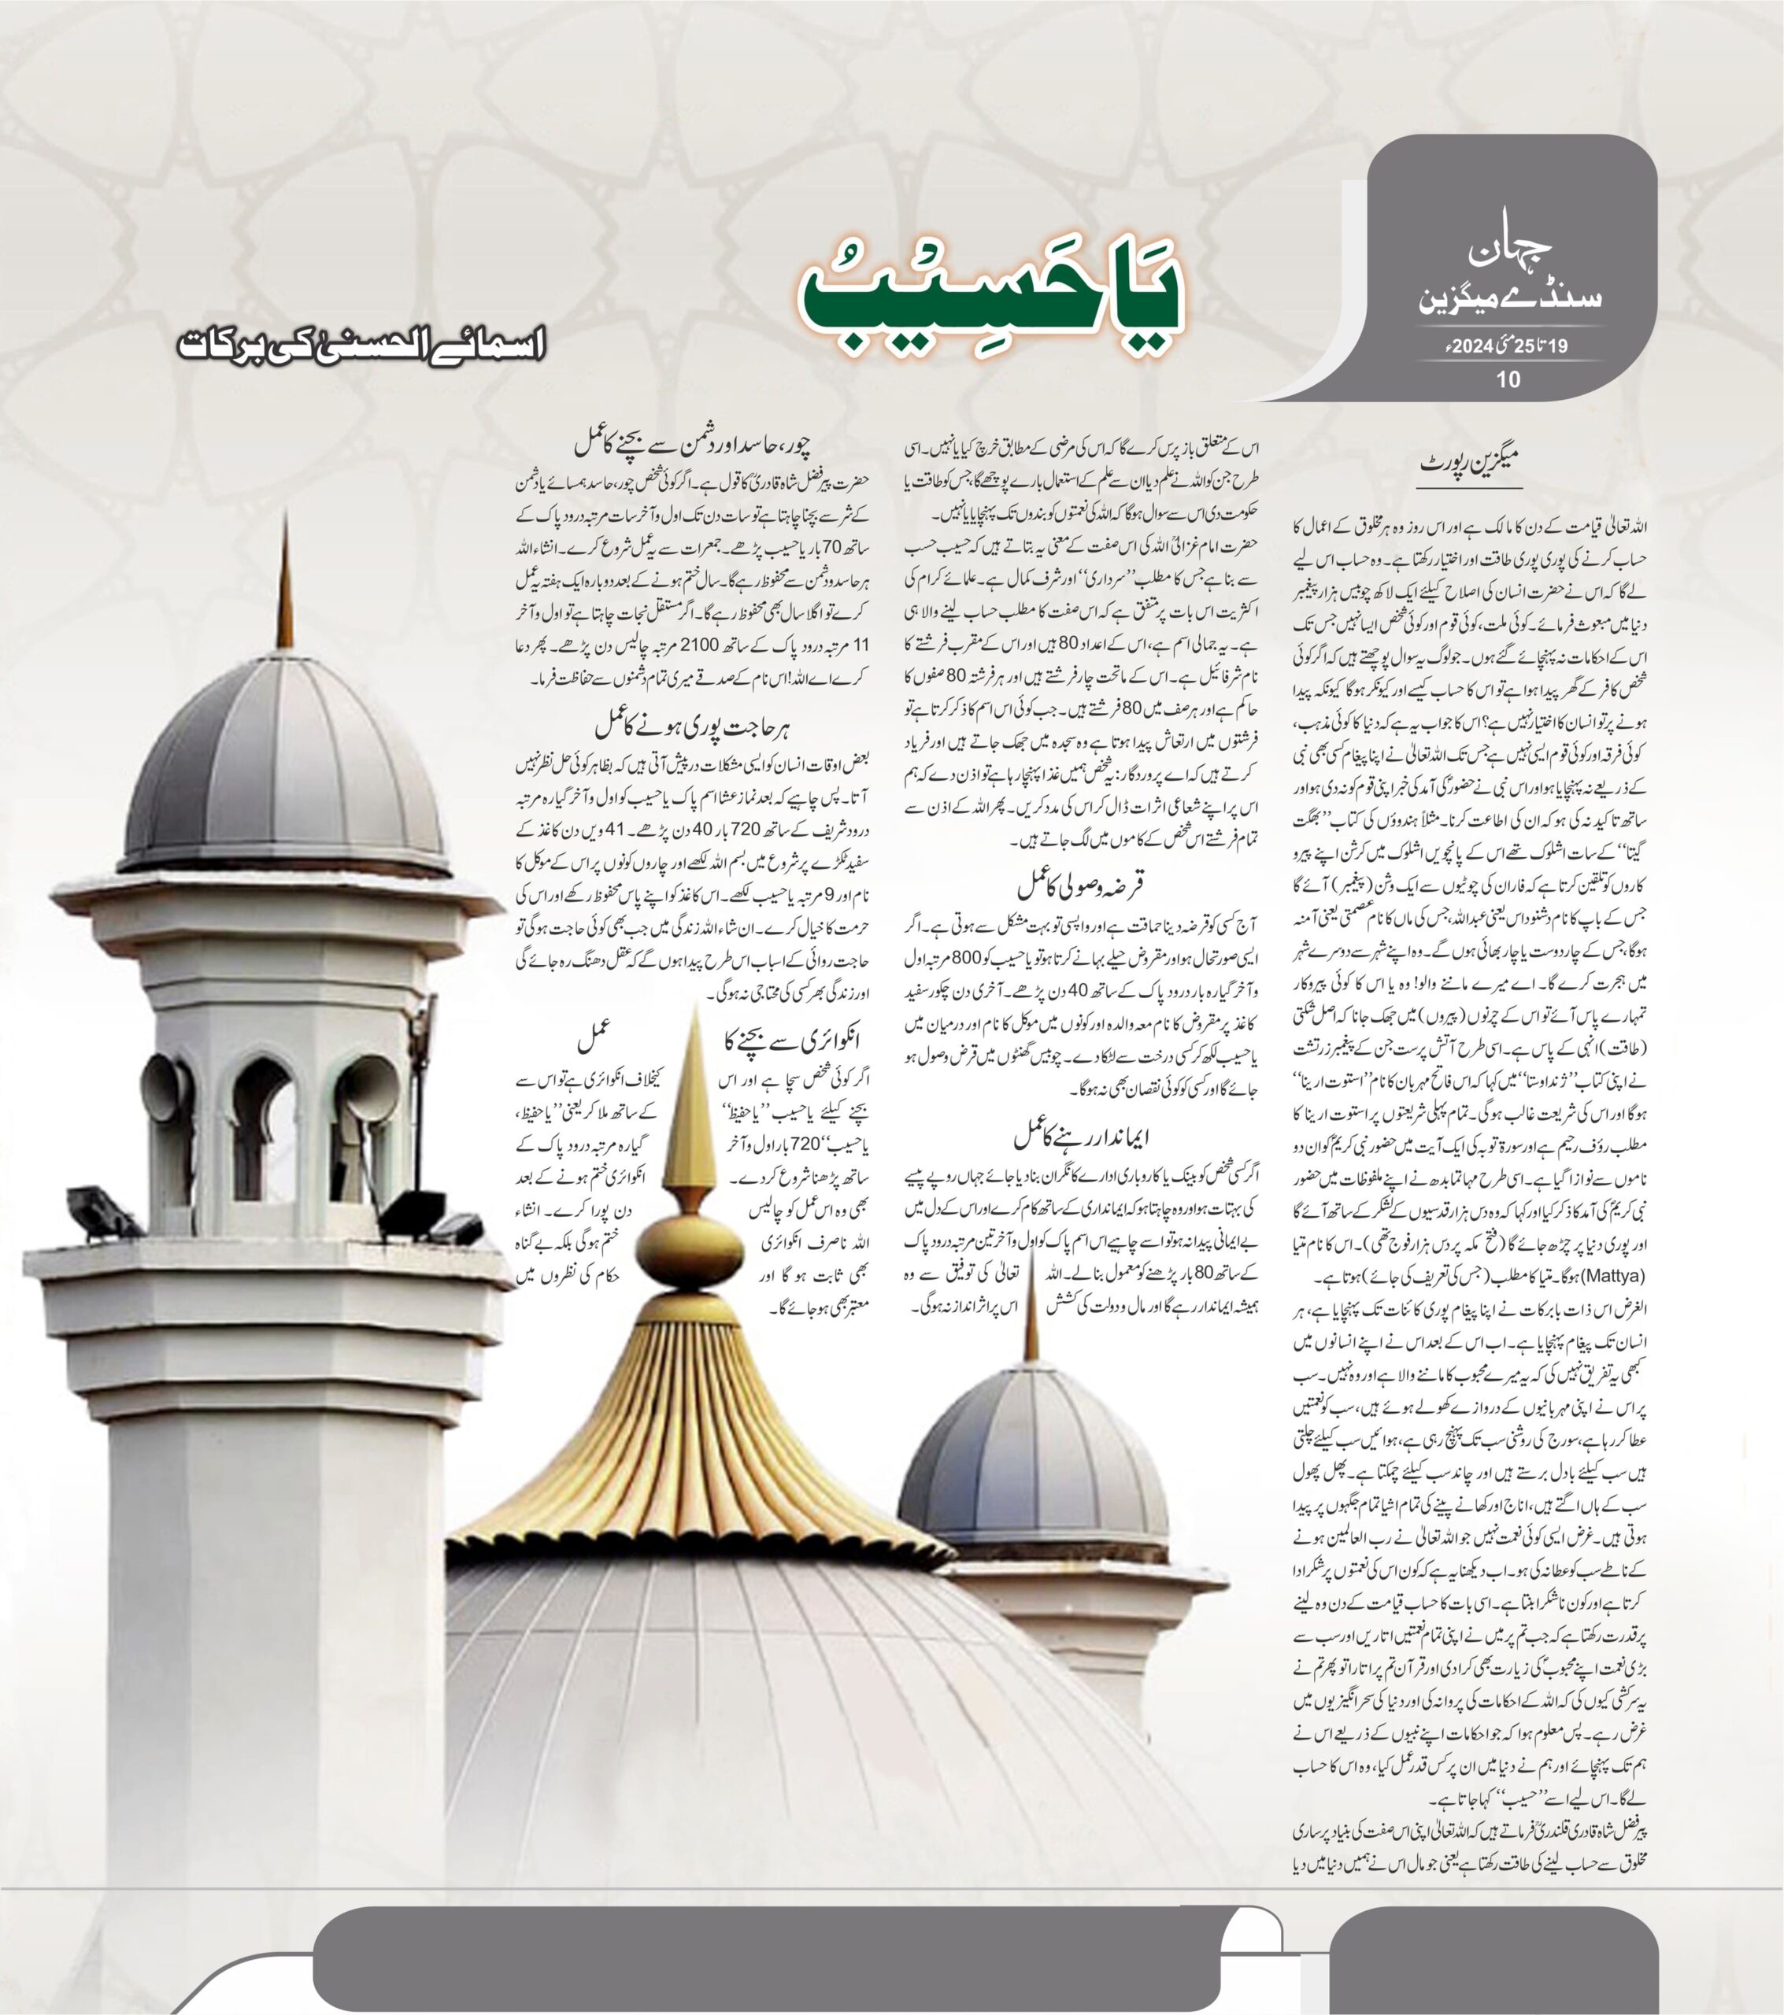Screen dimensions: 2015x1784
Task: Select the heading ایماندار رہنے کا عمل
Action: point(1082,1137)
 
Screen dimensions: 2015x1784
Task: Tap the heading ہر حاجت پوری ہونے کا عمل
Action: point(694,727)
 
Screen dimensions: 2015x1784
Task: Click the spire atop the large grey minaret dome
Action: point(285,582)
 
